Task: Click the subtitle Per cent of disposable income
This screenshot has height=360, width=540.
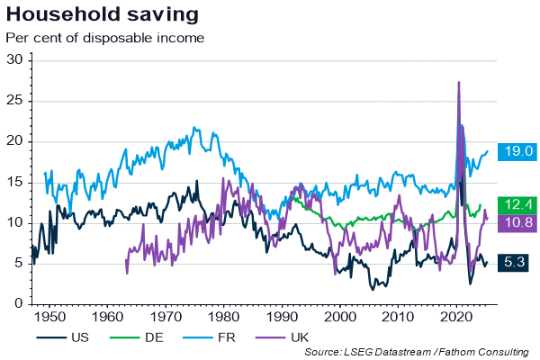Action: pos(105,38)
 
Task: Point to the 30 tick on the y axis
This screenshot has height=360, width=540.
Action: pos(15,59)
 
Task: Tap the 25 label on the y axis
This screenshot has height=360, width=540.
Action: pos(15,100)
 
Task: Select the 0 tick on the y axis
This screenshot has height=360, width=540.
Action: pos(19,304)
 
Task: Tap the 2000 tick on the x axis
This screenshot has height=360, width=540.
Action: pos(338,317)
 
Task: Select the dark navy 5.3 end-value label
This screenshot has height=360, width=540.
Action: pos(514,262)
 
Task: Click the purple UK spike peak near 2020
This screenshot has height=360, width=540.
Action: pos(459,82)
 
